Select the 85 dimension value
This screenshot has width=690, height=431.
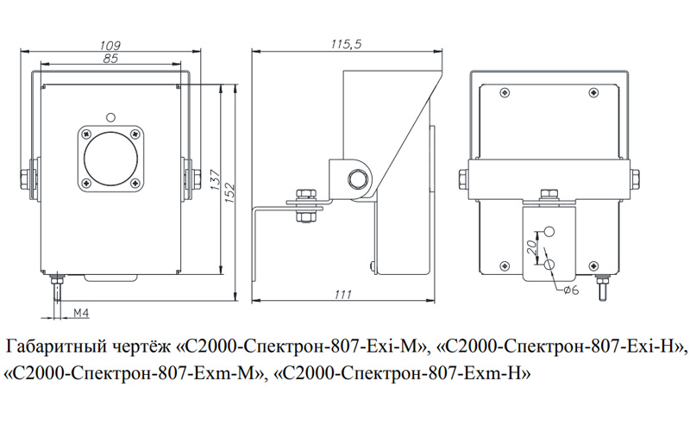coord(110,59)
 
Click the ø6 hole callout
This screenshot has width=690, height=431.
coord(570,290)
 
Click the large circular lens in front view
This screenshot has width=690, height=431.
coord(110,158)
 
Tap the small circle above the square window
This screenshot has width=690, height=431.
coord(110,117)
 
